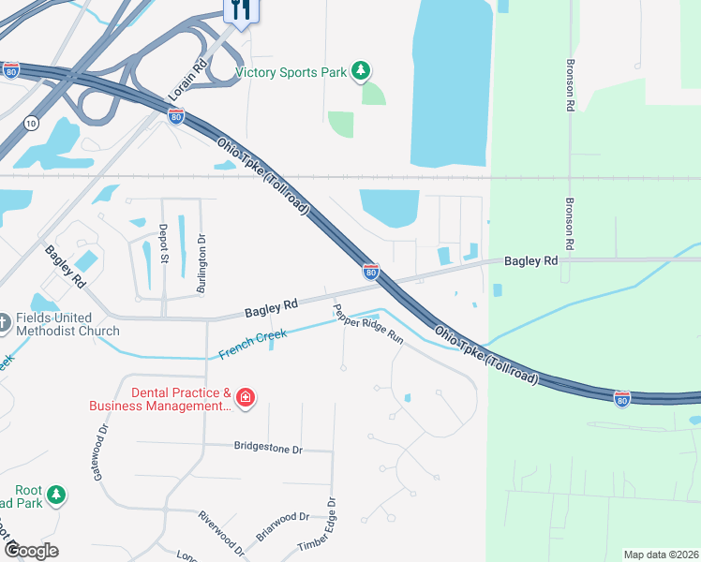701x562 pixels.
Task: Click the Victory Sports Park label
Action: click(x=291, y=72)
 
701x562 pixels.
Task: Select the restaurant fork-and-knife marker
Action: click(x=241, y=10)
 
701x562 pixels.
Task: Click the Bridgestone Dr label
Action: click(x=269, y=449)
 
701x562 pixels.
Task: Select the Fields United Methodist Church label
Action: click(x=67, y=324)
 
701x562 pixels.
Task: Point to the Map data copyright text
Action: click(x=661, y=555)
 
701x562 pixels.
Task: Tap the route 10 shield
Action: click(x=32, y=123)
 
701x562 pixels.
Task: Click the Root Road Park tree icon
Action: click(x=56, y=494)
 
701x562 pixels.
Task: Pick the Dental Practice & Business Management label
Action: click(x=160, y=399)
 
